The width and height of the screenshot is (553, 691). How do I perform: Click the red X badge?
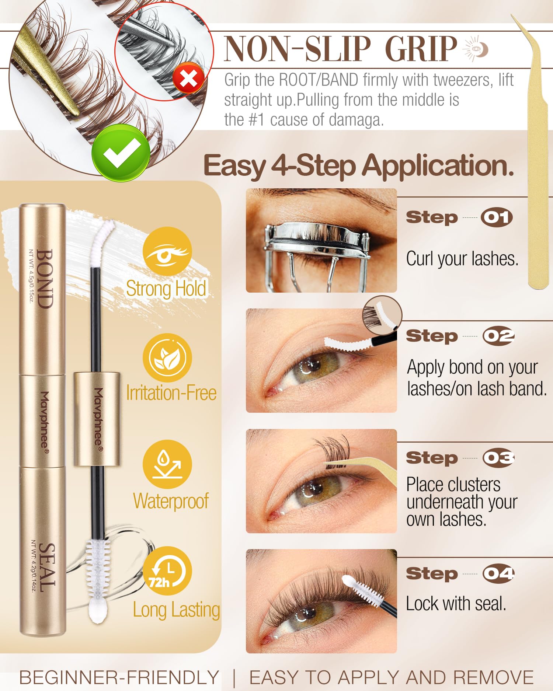[189, 78]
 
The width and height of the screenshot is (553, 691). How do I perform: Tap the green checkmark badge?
[121, 153]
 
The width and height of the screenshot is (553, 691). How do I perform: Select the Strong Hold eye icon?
[167, 251]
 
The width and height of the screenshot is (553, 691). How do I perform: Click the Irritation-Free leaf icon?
[167, 358]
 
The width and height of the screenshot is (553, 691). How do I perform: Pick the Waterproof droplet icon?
[167, 464]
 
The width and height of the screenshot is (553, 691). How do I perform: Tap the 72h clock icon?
[167, 571]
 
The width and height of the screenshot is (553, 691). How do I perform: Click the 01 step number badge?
[497, 217]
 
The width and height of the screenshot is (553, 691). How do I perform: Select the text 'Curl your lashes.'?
[462, 259]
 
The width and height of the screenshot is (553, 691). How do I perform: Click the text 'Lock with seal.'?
[456, 604]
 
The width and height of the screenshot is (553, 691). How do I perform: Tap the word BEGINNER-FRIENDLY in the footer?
[119, 677]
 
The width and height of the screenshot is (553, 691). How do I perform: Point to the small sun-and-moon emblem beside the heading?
[476, 48]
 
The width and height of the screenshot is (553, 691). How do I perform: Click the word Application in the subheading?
[438, 166]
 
